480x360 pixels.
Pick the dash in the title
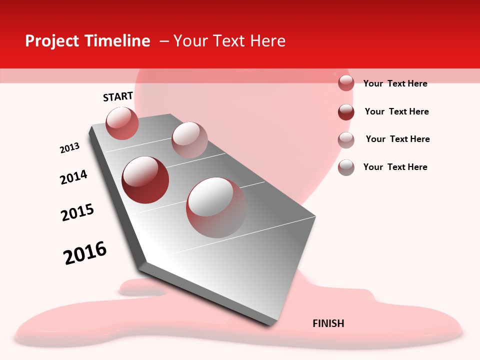point(164,41)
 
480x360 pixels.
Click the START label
point(118,96)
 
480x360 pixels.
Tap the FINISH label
point(328,323)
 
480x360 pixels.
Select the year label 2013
point(70,148)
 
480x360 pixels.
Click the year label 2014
point(74,177)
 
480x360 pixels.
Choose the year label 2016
point(85,253)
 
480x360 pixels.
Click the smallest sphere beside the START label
point(122,123)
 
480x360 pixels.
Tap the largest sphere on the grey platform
point(216,207)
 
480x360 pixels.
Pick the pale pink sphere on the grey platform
point(189,140)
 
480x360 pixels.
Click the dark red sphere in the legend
point(346,112)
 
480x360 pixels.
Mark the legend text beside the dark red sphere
point(397,111)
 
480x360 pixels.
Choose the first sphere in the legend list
point(346,83)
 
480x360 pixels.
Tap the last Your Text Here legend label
point(395,167)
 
